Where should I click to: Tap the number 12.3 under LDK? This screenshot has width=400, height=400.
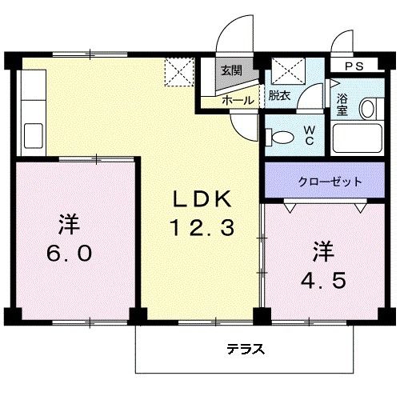201,229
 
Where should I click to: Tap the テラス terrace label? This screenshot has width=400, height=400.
246,349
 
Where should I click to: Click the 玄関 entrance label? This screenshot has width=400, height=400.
231,70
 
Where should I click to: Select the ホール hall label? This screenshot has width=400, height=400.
238,100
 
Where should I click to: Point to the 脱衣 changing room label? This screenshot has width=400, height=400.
279,96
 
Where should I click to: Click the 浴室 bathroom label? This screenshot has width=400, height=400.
342,105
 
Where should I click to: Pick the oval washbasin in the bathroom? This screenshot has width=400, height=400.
369,108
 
